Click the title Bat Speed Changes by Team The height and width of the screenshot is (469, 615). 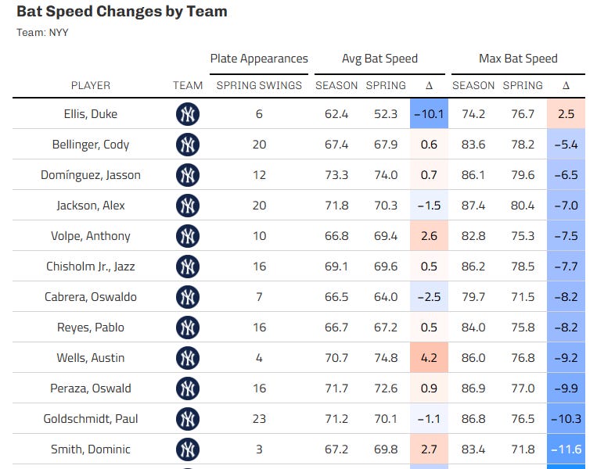click(x=122, y=12)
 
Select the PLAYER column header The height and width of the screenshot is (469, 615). click(x=91, y=85)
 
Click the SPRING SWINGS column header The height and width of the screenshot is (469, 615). click(x=259, y=85)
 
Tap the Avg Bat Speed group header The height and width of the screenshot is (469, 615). click(x=379, y=59)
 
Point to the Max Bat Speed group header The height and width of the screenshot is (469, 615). click(x=518, y=59)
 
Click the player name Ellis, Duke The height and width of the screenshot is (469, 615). click(x=91, y=114)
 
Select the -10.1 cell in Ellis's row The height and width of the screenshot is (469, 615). click(x=429, y=114)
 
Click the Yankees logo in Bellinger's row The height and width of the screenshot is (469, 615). click(x=188, y=145)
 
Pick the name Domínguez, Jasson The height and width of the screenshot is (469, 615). click(x=91, y=175)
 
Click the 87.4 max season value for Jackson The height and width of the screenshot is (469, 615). click(x=473, y=206)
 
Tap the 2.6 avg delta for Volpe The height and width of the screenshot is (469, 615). click(x=429, y=236)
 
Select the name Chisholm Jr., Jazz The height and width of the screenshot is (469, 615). click(x=91, y=267)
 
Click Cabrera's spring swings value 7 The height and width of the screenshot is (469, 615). click(x=259, y=297)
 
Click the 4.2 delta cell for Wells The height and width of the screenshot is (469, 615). click(x=429, y=358)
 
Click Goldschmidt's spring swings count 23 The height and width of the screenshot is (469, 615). click(x=259, y=419)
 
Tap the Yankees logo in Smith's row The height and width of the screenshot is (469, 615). click(x=188, y=449)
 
